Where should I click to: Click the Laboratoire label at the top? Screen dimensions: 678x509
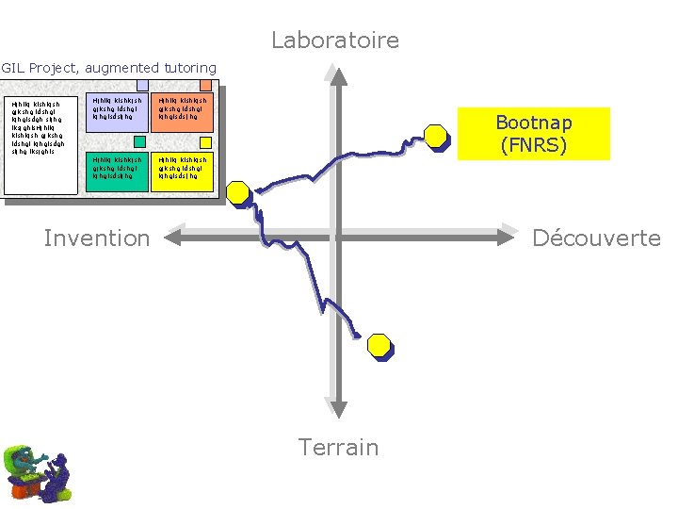click(x=335, y=41)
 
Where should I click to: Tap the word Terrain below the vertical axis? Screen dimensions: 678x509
click(x=338, y=447)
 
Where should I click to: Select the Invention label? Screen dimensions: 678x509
click(x=97, y=238)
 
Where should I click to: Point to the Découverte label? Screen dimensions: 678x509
click(x=596, y=238)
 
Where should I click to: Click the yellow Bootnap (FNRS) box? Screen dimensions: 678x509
click(x=534, y=134)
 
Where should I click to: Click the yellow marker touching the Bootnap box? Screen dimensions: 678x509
click(x=437, y=138)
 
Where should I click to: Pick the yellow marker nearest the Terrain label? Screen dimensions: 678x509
click(x=379, y=346)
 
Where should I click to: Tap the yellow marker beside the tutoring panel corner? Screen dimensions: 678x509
click(x=238, y=193)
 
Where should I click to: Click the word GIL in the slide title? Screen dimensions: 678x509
click(x=13, y=68)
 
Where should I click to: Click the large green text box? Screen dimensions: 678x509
click(x=116, y=171)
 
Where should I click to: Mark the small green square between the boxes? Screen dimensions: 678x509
click(x=139, y=141)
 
